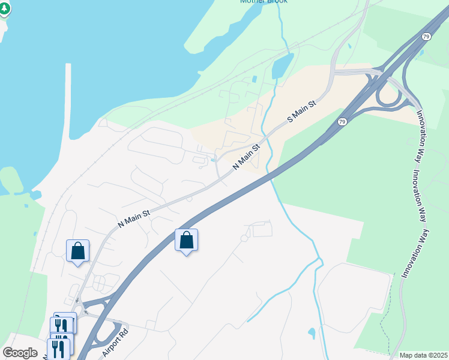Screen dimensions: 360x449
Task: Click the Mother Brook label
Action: [264, 2]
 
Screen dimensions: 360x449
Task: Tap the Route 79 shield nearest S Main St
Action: [342, 122]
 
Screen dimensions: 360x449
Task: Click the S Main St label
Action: [301, 112]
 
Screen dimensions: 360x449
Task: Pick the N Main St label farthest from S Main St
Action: [134, 215]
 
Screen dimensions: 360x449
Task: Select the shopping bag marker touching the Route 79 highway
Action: [186, 240]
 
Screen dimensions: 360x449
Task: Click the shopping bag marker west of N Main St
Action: [77, 251]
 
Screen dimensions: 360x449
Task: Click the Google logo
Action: [20, 353]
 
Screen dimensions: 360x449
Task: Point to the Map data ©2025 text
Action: [423, 355]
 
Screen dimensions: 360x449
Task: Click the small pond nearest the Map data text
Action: [312, 333]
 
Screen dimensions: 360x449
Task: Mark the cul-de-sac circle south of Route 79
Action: [244, 238]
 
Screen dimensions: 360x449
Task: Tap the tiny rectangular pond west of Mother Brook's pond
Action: [255, 79]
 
